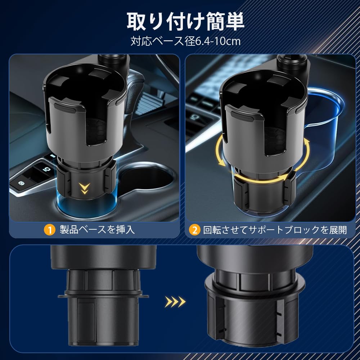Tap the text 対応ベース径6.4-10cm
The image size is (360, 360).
tap(185, 41)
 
